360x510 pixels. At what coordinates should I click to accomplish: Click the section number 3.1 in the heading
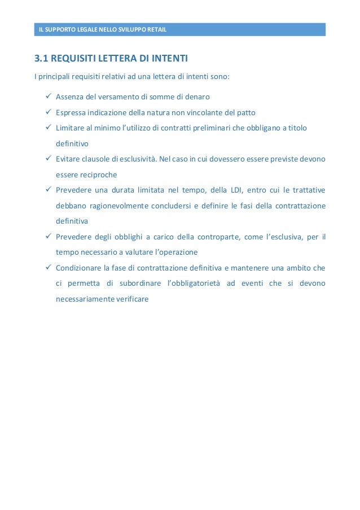[42, 59]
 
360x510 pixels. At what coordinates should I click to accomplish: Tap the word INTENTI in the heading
[168, 59]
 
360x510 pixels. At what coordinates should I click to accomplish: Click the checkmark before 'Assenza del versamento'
[48, 96]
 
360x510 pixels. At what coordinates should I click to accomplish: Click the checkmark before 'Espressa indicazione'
[48, 112]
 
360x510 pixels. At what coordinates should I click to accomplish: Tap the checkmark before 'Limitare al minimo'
[48, 128]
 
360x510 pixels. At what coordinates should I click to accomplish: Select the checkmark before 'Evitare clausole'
[48, 159]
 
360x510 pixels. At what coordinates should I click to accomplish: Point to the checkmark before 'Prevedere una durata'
[48, 190]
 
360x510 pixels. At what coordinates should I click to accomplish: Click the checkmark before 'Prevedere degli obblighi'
[48, 236]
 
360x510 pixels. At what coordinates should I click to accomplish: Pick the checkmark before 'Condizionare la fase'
[48, 267]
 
